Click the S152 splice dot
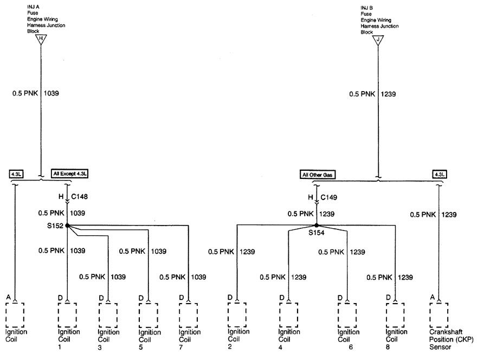click(67, 226)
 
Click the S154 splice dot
click(316, 225)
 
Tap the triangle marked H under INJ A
click(41, 40)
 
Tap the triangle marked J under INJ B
click(378, 40)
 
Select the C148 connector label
click(80, 197)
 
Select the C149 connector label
click(329, 197)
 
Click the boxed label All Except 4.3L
click(70, 173)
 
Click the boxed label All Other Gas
click(318, 175)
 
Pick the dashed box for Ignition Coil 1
click(67, 315)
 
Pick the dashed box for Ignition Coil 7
click(189, 316)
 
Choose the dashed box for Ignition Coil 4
click(289, 315)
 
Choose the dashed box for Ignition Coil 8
click(396, 316)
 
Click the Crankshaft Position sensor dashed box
click(439, 315)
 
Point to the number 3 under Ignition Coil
click(100, 348)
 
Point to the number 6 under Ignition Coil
click(351, 347)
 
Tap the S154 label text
click(316, 233)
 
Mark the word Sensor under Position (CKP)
click(440, 347)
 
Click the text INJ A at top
click(33, 7)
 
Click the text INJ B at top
click(367, 8)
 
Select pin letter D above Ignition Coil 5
click(141, 298)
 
